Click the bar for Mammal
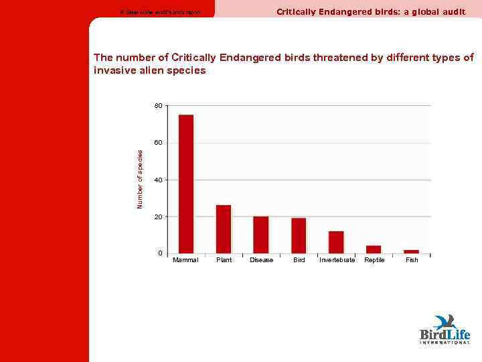pyautogui.click(x=185, y=184)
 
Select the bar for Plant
pyautogui.click(x=224, y=229)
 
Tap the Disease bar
pyautogui.click(x=261, y=235)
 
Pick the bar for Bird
pyautogui.click(x=299, y=235)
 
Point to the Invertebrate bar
pyautogui.click(x=336, y=242)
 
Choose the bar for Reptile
pyautogui.click(x=374, y=249)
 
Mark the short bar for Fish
pyautogui.click(x=411, y=251)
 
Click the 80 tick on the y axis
pyautogui.click(x=158, y=106)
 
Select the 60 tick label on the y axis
pyautogui.click(x=158, y=143)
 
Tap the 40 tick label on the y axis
pyautogui.click(x=158, y=180)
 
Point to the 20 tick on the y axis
pyautogui.click(x=158, y=217)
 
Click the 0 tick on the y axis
pyautogui.click(x=160, y=253)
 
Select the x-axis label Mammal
pyautogui.click(x=185, y=260)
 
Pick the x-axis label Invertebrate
pyautogui.click(x=337, y=260)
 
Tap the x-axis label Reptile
pyautogui.click(x=374, y=260)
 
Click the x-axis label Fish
pyautogui.click(x=412, y=260)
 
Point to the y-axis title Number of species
pyautogui.click(x=141, y=179)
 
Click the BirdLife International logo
pyautogui.click(x=445, y=329)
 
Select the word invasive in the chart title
pyautogui.click(x=115, y=70)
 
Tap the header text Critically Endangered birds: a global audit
pyautogui.click(x=371, y=11)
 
